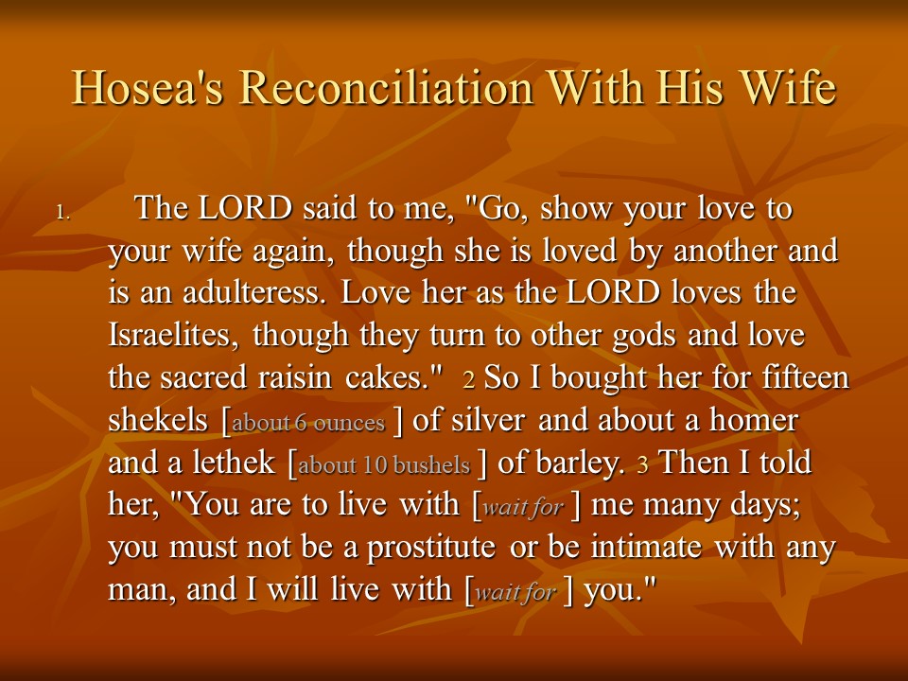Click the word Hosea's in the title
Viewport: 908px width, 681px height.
(x=148, y=87)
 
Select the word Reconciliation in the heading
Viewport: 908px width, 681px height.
(x=386, y=87)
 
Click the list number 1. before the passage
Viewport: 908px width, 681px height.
(x=63, y=213)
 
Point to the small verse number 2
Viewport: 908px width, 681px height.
(x=469, y=379)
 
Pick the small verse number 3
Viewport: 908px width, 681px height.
(x=642, y=464)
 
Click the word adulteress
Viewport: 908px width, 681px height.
(x=259, y=292)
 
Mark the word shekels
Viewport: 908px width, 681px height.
(x=158, y=419)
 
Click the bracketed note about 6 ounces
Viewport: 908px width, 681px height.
(x=308, y=423)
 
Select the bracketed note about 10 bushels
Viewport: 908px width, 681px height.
(x=384, y=465)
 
